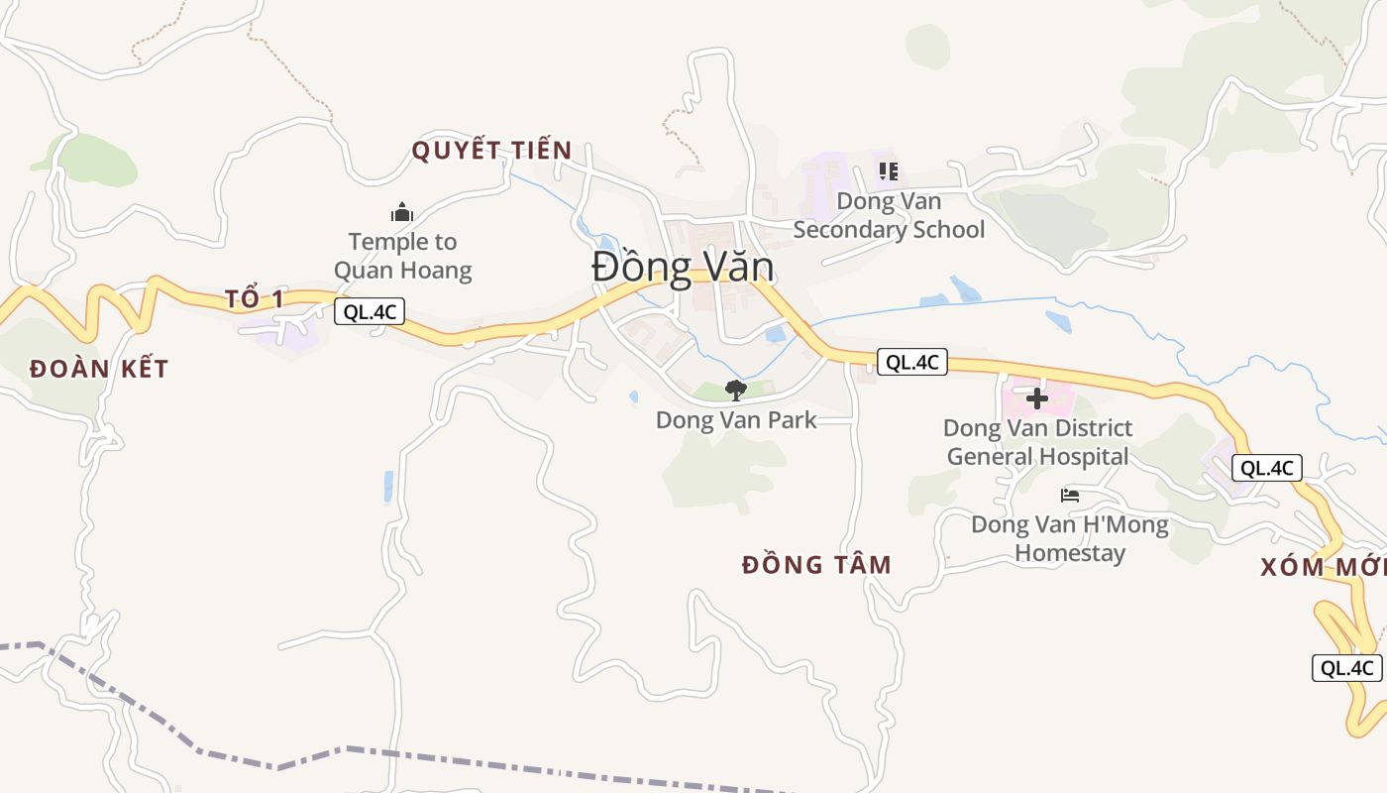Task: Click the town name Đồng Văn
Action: [x=683, y=268]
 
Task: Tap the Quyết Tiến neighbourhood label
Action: [x=491, y=151]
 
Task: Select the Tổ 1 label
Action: [x=255, y=299]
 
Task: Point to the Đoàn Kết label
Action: [x=99, y=370]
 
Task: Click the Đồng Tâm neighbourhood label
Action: [x=816, y=565]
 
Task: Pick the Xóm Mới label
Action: [x=1323, y=568]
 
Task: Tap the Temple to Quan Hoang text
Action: [x=402, y=256]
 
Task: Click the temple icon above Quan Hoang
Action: [x=402, y=212]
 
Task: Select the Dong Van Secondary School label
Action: [x=889, y=215]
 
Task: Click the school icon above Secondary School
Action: [x=889, y=171]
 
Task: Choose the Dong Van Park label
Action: [x=736, y=420]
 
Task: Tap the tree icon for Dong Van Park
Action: [x=735, y=390]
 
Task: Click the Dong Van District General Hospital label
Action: [x=1037, y=442]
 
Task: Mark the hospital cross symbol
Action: [x=1037, y=398]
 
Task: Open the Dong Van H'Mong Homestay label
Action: [x=1070, y=538]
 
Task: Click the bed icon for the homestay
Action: [x=1070, y=495]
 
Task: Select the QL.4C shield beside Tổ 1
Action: [x=370, y=311]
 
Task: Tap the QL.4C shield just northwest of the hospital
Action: [x=911, y=362]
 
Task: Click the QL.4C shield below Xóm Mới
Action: [x=1347, y=668]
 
